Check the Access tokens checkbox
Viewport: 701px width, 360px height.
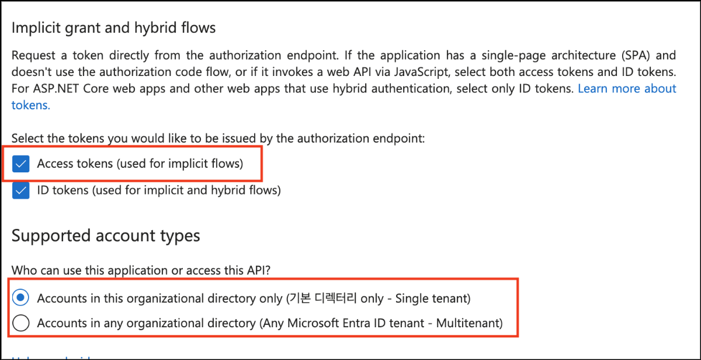click(x=21, y=164)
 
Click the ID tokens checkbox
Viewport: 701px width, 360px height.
click(x=21, y=191)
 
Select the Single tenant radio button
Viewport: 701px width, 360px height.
click(x=21, y=298)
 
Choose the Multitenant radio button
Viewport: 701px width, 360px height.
click(x=21, y=323)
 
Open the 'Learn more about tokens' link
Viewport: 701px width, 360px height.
click(x=626, y=89)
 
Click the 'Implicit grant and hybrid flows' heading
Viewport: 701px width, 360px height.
click(x=114, y=27)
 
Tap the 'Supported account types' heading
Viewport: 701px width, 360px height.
click(x=106, y=236)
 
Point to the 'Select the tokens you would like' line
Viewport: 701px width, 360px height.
click(x=218, y=139)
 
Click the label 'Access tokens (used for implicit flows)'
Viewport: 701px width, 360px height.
click(x=140, y=164)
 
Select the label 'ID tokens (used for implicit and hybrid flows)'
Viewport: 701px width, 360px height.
click(x=159, y=191)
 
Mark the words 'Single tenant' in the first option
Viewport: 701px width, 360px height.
click(x=430, y=299)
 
